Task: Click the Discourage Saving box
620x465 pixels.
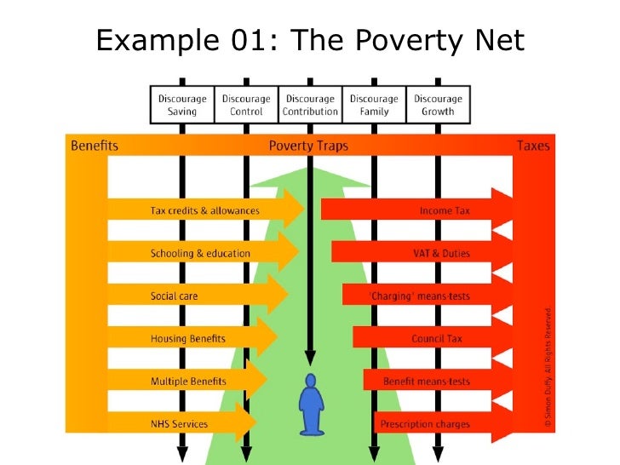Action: tap(182, 105)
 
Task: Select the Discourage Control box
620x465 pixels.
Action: tap(246, 105)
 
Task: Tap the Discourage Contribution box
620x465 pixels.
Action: tap(310, 105)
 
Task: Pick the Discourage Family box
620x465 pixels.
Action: tap(374, 105)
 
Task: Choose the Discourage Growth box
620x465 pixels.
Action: tap(438, 105)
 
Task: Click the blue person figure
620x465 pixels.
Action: tap(310, 404)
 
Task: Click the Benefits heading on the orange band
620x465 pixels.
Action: tap(94, 146)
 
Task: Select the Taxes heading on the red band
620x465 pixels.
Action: tap(533, 146)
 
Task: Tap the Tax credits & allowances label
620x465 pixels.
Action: tap(205, 210)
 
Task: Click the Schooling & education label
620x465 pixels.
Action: tap(200, 253)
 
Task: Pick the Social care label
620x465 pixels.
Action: tap(175, 296)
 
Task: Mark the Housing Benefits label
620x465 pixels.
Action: tap(188, 338)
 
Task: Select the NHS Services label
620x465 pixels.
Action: tap(179, 423)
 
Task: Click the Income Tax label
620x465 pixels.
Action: tap(445, 210)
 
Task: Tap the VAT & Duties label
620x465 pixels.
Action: tap(441, 253)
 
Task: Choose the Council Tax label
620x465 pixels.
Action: tap(437, 338)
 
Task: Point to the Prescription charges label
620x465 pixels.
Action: tap(426, 423)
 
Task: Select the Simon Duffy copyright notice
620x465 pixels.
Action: tap(549, 366)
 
